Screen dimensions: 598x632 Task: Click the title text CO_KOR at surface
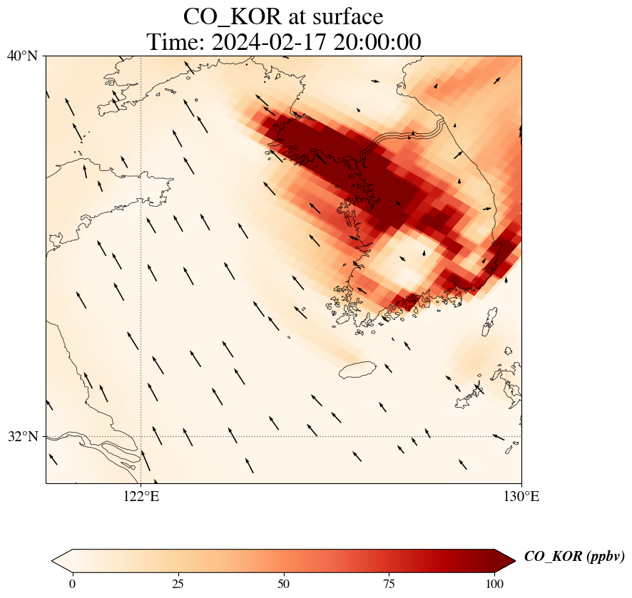(x=283, y=16)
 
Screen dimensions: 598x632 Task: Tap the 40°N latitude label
(x=23, y=56)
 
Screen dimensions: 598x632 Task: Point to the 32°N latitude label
(x=23, y=436)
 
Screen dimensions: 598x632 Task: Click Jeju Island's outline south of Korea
(x=359, y=370)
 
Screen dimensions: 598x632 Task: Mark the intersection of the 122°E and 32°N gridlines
(x=141, y=436)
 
